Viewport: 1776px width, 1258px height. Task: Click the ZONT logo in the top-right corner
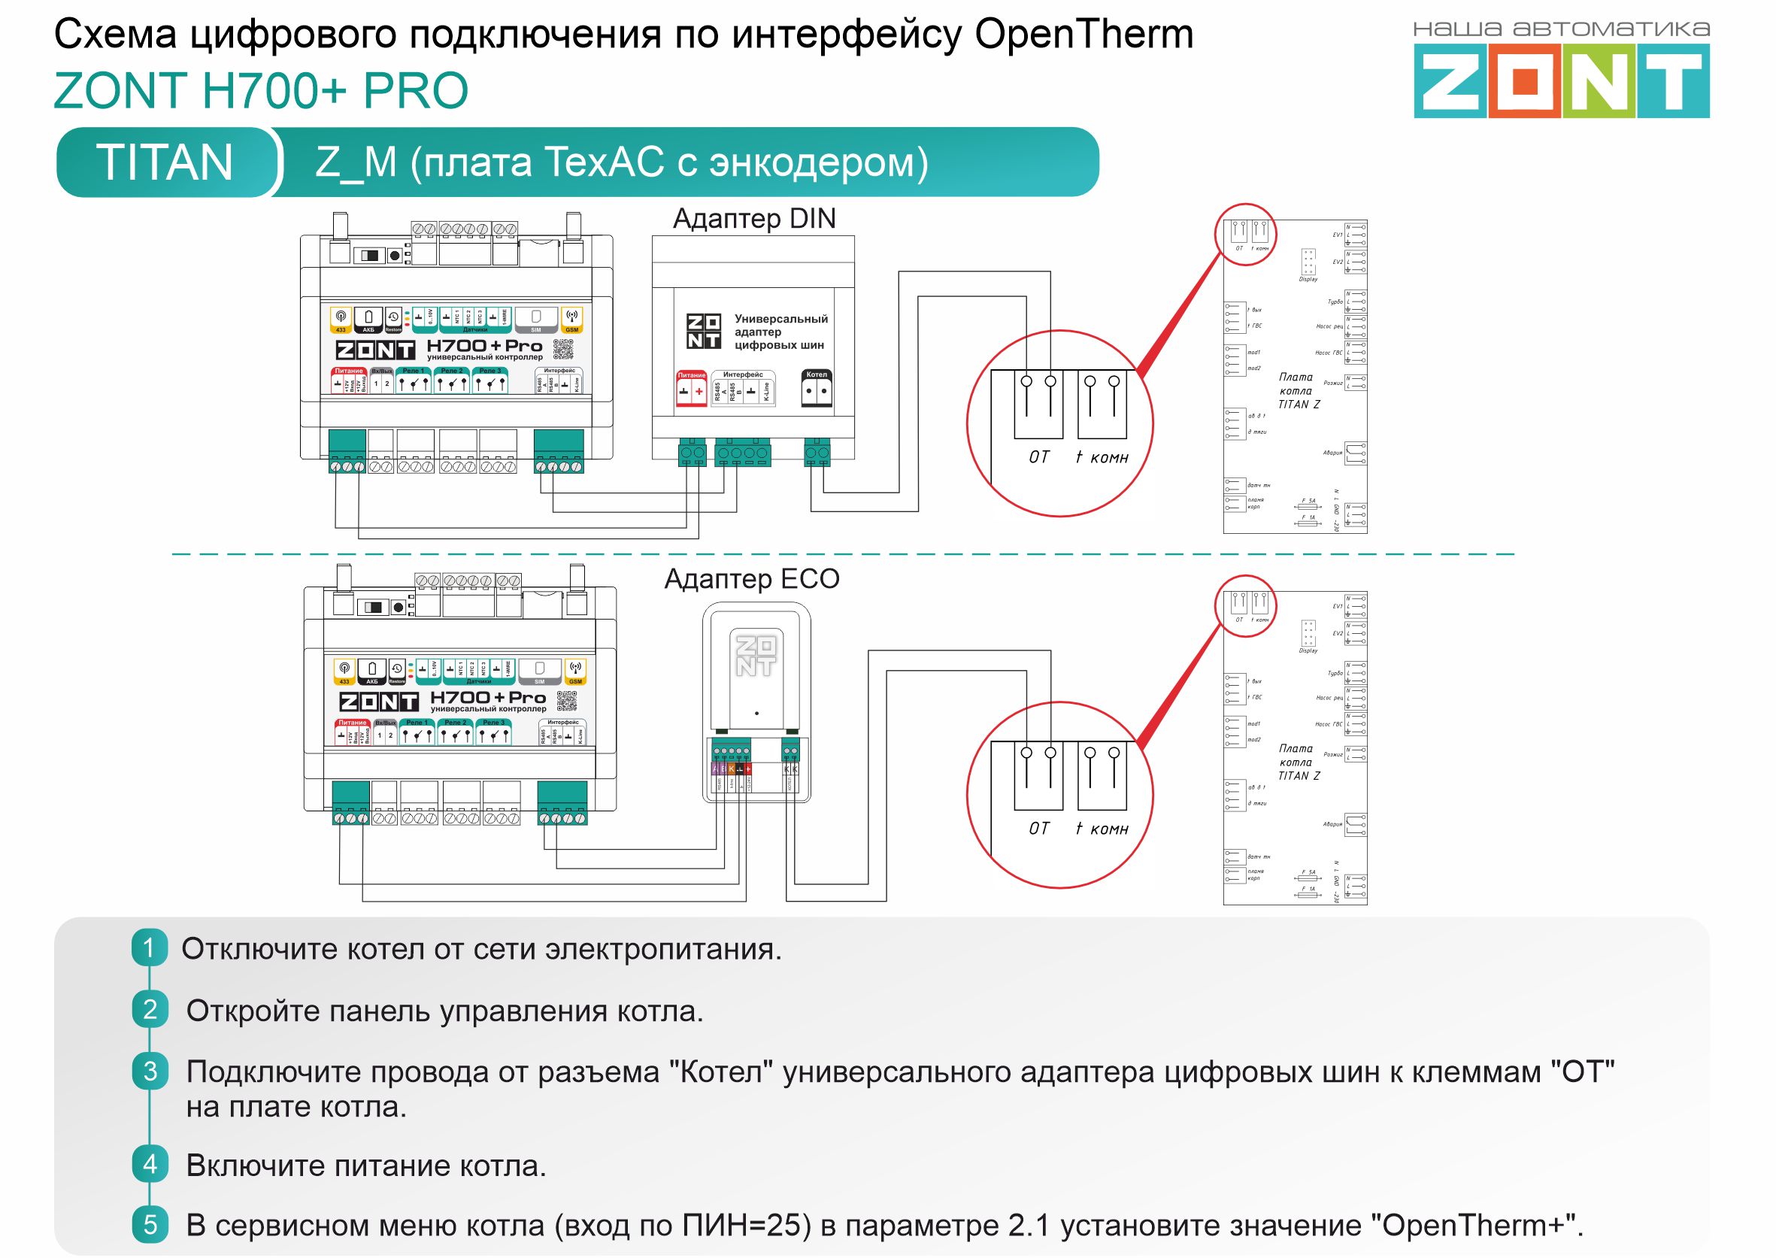tap(1561, 80)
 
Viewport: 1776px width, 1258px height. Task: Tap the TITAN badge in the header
tap(164, 162)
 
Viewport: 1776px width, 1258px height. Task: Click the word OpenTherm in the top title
tap(1083, 35)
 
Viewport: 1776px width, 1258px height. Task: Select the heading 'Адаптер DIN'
tap(753, 219)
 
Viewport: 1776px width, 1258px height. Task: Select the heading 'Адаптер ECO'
tap(751, 579)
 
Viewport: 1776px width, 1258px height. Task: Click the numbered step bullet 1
tap(149, 947)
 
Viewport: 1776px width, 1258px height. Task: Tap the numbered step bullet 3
tap(150, 1072)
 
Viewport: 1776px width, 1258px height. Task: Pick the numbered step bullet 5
tap(150, 1225)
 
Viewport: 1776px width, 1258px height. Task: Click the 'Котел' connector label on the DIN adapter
tap(817, 375)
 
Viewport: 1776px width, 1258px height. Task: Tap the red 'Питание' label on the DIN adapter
tap(691, 375)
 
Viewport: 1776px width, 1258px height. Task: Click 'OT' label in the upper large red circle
tap(1038, 458)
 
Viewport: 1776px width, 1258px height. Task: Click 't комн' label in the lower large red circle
tap(1102, 829)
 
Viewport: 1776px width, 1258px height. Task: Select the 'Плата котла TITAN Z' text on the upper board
tap(1298, 390)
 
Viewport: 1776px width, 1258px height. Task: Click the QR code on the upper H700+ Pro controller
tap(564, 350)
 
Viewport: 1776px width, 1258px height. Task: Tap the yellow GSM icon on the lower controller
tap(575, 671)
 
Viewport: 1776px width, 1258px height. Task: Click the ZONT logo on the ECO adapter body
tap(755, 656)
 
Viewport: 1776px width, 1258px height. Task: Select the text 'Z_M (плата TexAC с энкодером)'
tap(621, 162)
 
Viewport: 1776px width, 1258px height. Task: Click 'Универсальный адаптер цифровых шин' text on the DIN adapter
tap(780, 332)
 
